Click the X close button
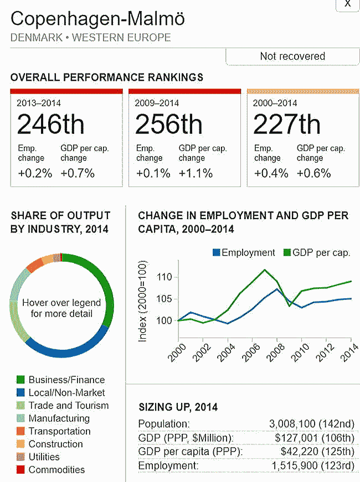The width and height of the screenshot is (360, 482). (348, 4)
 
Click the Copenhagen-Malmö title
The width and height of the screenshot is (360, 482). (97, 19)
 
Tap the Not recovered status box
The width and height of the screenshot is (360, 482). (292, 56)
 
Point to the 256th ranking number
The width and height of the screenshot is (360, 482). (168, 125)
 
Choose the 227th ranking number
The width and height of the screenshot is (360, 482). (286, 125)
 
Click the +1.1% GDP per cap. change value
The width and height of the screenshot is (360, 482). (196, 173)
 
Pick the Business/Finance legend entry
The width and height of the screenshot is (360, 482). (66, 380)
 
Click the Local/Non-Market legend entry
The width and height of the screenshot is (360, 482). (66, 392)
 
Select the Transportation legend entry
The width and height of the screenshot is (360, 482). (60, 431)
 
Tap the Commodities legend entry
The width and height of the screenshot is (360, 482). (56, 470)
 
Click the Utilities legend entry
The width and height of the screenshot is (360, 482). (44, 457)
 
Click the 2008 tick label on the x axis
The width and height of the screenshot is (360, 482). (275, 353)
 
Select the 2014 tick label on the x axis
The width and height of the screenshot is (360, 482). (349, 353)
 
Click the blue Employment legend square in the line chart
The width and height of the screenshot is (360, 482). (217, 253)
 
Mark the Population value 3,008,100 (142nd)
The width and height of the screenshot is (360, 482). (312, 424)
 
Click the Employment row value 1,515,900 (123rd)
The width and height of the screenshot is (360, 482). (313, 465)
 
